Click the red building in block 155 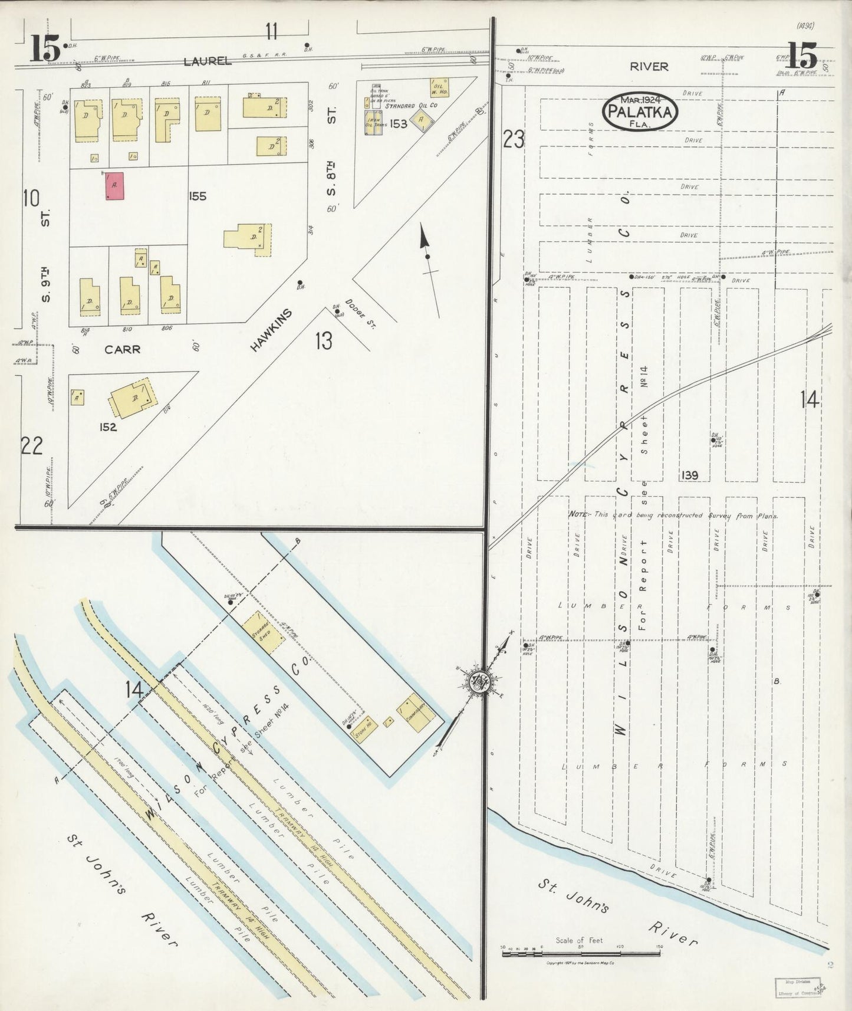point(114,186)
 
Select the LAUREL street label point(206,61)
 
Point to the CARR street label point(122,349)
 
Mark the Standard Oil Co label point(411,106)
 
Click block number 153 point(398,124)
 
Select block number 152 point(108,426)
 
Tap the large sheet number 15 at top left point(45,48)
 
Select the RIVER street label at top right point(649,67)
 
